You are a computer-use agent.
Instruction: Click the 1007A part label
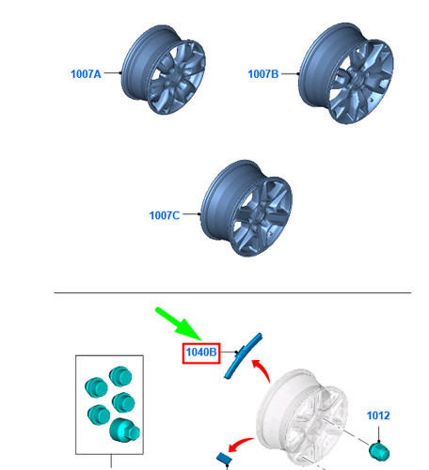click(86, 74)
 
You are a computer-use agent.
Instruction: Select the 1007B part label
click(263, 74)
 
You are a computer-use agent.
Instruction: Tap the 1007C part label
click(165, 215)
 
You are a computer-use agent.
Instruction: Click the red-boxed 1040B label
click(201, 353)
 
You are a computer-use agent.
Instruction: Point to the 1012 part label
click(378, 415)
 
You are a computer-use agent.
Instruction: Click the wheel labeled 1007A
click(163, 70)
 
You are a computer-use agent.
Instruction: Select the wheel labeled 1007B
click(346, 73)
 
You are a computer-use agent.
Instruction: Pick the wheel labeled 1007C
click(246, 208)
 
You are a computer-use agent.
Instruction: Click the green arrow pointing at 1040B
click(178, 323)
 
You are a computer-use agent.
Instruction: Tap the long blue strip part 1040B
click(243, 355)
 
